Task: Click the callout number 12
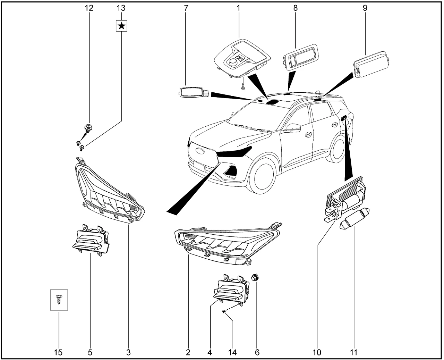click(x=89, y=8)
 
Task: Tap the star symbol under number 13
click(x=121, y=25)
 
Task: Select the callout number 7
click(x=186, y=8)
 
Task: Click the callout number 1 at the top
click(x=239, y=8)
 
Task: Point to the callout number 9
click(x=365, y=8)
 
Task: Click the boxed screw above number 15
click(x=59, y=300)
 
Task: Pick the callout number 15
click(x=58, y=352)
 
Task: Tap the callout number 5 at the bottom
click(x=90, y=352)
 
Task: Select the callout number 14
click(x=232, y=352)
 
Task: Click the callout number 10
click(x=317, y=352)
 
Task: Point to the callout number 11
click(x=353, y=352)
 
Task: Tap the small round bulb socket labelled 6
click(x=256, y=277)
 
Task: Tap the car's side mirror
click(x=293, y=128)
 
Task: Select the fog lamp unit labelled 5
click(x=90, y=240)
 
